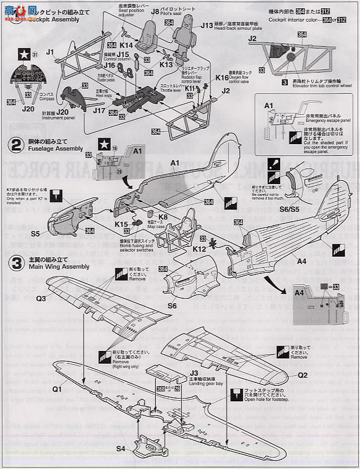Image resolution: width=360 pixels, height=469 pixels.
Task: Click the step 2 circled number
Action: (14, 146)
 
